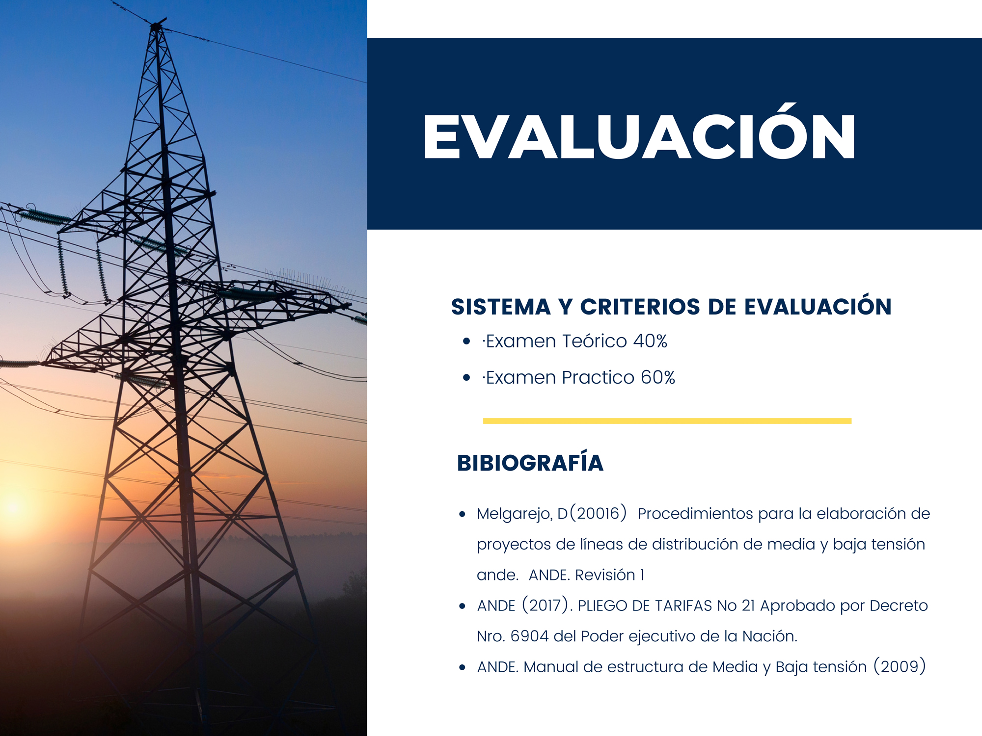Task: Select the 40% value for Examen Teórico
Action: pos(650,341)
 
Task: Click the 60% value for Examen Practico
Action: pos(658,377)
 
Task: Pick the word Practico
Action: pos(599,377)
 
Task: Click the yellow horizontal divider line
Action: pos(667,421)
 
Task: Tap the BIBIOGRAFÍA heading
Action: pos(530,462)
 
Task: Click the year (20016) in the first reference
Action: pos(598,513)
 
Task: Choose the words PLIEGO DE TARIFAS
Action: pos(645,606)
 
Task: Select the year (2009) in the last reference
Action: pos(900,666)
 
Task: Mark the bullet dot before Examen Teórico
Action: pos(466,341)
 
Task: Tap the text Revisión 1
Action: pos(609,575)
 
